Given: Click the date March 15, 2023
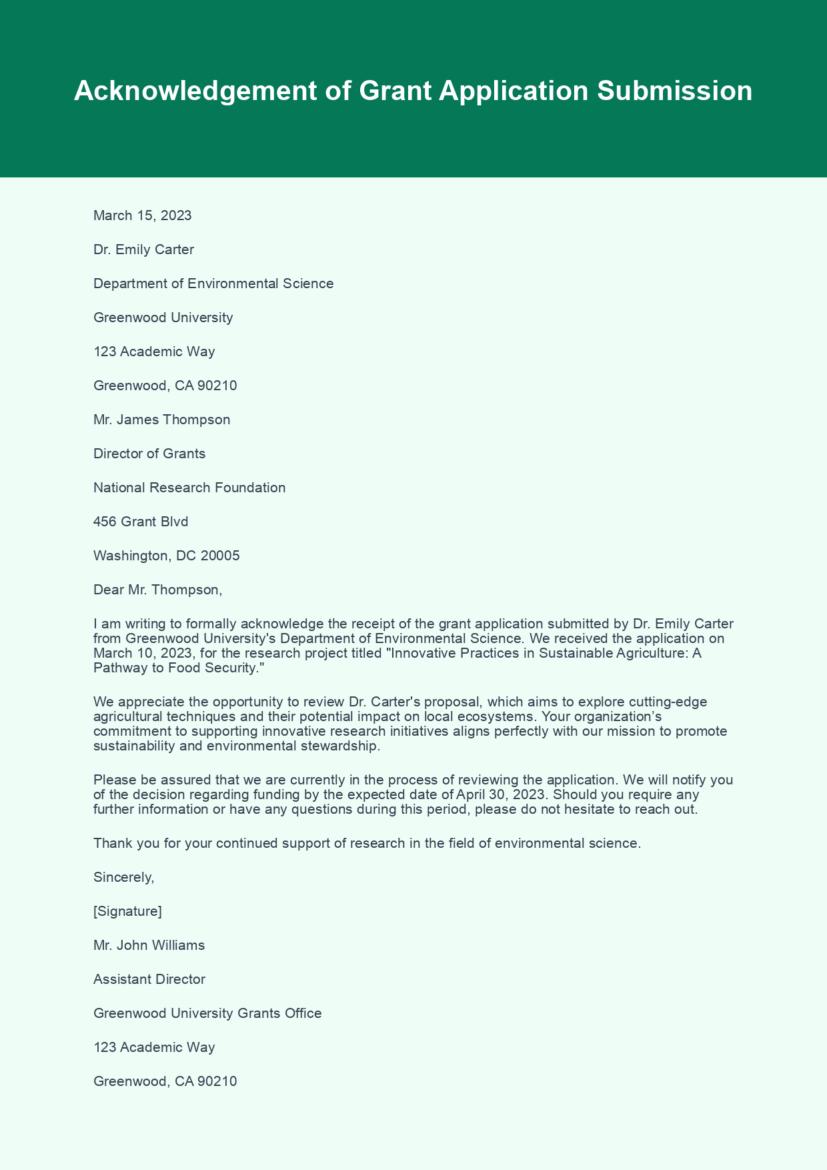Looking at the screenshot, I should pos(142,215).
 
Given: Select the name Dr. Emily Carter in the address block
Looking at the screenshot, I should pos(143,249).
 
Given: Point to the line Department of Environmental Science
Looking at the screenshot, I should pos(213,283).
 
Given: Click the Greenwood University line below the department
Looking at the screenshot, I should pos(163,318).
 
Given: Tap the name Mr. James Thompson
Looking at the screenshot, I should pos(161,420).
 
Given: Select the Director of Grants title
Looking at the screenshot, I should pos(149,454).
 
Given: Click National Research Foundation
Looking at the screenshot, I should pos(189,488).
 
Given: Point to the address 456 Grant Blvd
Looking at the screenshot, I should pos(141,522).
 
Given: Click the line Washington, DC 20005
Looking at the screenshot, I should pos(166,556).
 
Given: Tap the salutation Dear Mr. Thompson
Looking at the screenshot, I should pos(157,590).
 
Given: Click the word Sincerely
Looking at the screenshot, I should pos(123,877).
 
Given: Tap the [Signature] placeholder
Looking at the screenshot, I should pos(127,911).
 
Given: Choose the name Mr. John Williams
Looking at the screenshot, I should pos(149,945).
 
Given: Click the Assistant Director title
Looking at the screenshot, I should pos(149,979).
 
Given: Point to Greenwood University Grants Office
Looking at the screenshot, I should pos(207,1013).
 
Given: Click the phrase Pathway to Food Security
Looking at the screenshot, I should pos(175,668).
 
